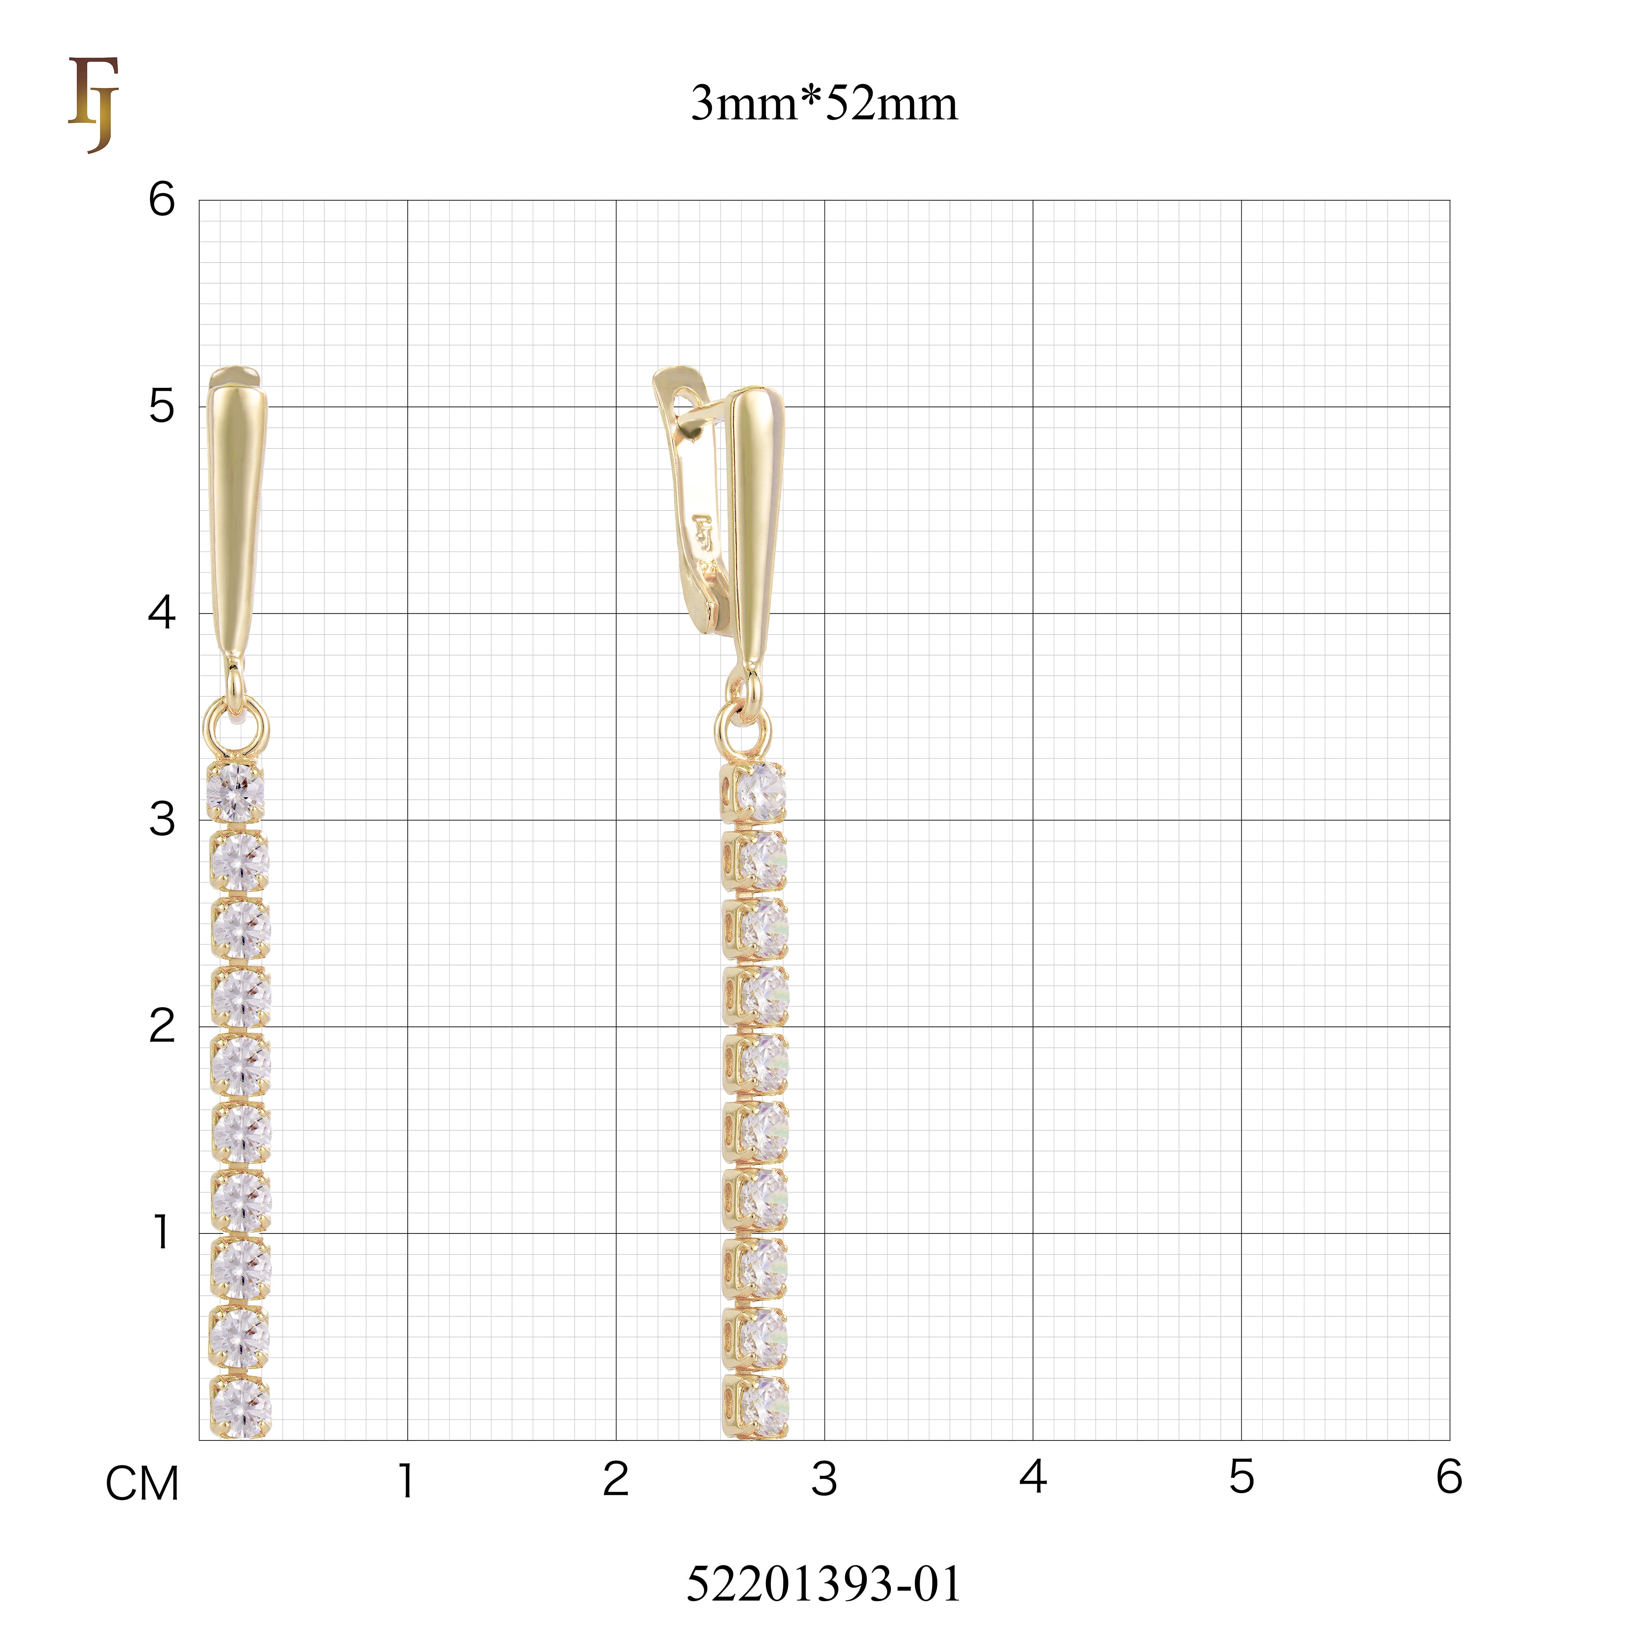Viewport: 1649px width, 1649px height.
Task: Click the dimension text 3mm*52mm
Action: (x=824, y=104)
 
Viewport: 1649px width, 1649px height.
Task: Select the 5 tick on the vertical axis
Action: (x=161, y=406)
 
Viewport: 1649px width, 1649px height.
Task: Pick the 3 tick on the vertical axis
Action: (x=161, y=820)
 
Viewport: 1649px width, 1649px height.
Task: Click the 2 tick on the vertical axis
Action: (x=161, y=1026)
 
